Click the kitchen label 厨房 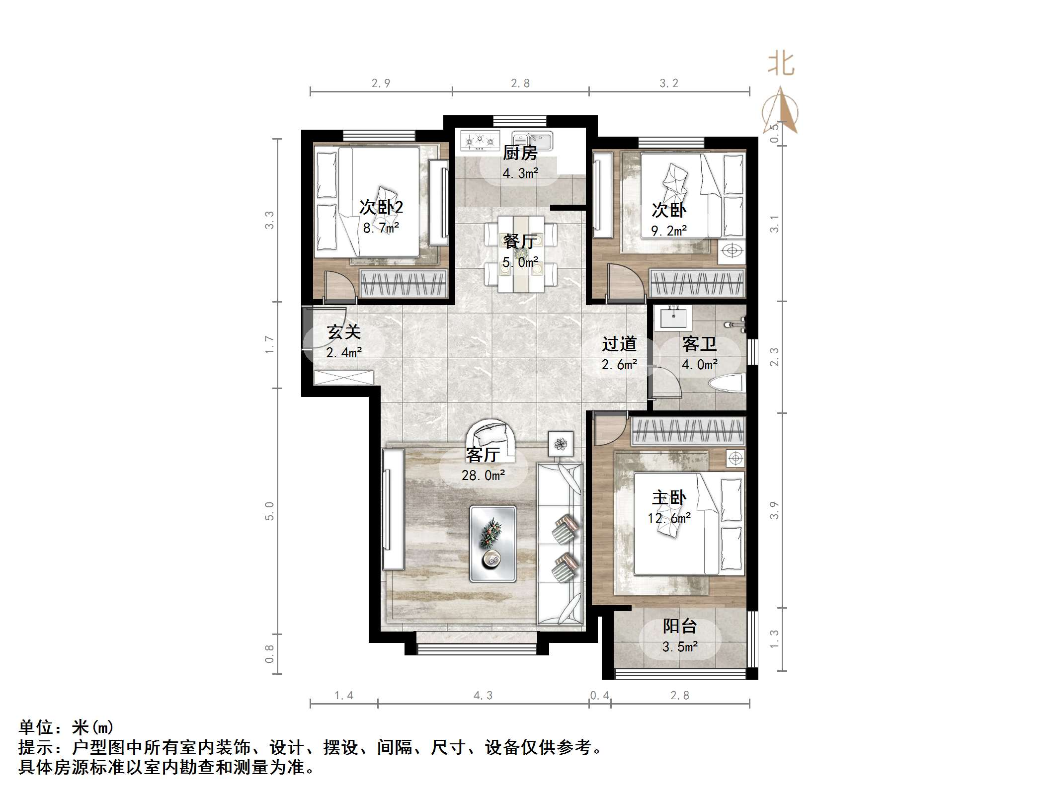(520, 153)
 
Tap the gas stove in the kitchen (480, 141)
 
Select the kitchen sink (533, 141)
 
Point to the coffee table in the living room (493, 544)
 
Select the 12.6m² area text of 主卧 (669, 518)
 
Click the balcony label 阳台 (679, 626)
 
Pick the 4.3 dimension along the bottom (483, 696)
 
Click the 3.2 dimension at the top (668, 83)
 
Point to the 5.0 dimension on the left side (269, 511)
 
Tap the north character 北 (781, 65)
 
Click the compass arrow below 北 (781, 112)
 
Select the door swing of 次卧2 (339, 287)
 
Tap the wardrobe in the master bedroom (688, 430)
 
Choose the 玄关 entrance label (343, 332)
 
